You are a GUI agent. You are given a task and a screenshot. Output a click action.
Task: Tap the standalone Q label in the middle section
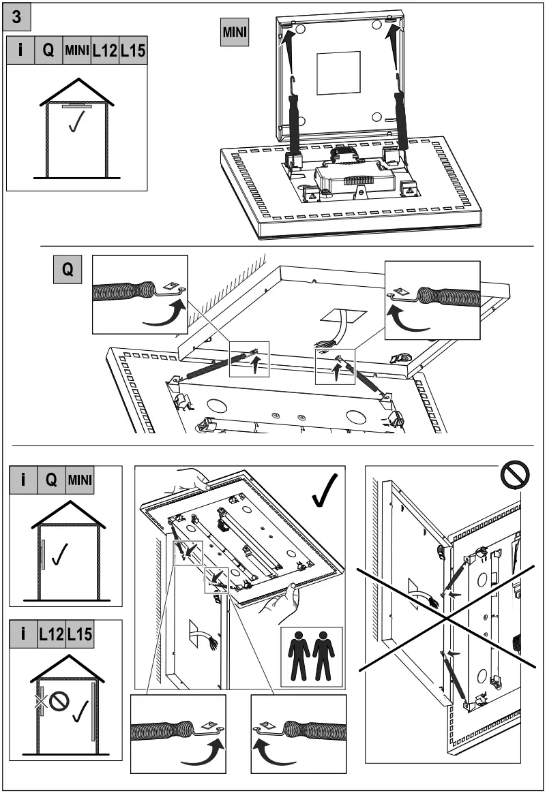click(x=68, y=270)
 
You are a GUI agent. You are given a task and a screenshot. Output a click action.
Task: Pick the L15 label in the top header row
click(x=134, y=51)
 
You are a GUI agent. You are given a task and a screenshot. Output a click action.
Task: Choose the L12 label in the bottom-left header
click(x=51, y=634)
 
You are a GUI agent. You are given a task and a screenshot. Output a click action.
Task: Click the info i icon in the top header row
click(x=20, y=51)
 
